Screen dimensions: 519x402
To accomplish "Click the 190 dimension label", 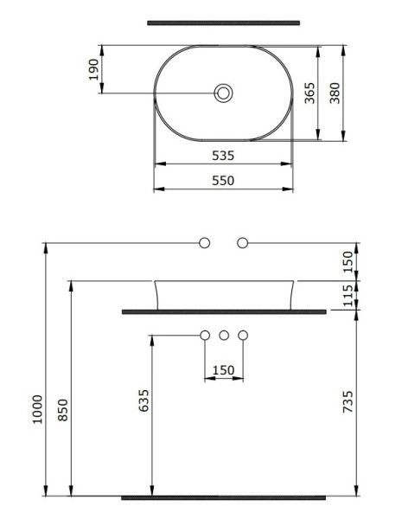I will tap(93, 71).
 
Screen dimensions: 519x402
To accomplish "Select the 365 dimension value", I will tap(309, 93).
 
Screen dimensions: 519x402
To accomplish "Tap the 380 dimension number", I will tap(334, 93).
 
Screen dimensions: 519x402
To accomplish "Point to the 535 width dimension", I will tap(223, 156).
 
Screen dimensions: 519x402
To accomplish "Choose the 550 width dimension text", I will tap(223, 181).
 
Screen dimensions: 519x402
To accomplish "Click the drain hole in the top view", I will tap(224, 93).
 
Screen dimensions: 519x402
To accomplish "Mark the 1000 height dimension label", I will tap(36, 407).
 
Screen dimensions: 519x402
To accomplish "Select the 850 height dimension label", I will tap(62, 407).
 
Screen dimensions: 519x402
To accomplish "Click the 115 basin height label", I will tap(348, 295).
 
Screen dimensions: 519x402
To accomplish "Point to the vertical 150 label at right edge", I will tap(348, 260).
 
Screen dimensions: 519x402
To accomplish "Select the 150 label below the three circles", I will tap(224, 370).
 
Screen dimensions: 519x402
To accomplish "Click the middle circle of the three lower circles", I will tap(224, 335).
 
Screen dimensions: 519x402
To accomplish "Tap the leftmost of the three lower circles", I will tap(205, 335).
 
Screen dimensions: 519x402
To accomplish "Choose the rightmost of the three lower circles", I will tap(243, 335).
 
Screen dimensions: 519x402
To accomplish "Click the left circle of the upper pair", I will tap(205, 243).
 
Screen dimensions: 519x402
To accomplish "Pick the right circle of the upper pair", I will tap(243, 243).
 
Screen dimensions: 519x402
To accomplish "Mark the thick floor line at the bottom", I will tap(223, 497).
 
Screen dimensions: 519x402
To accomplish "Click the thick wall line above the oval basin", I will tap(223, 22).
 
